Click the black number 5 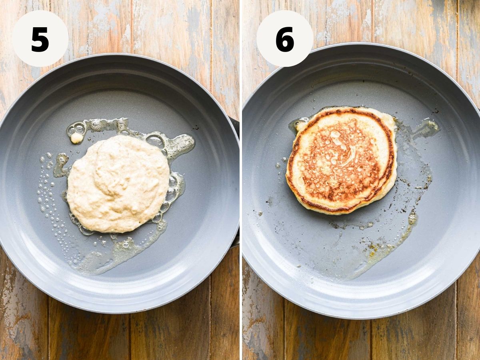(40, 40)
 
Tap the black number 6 (284, 39)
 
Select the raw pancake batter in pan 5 (118, 184)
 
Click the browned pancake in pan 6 (342, 161)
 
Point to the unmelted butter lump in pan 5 (76, 138)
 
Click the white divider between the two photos (241, 180)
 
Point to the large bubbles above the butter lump (76, 128)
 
